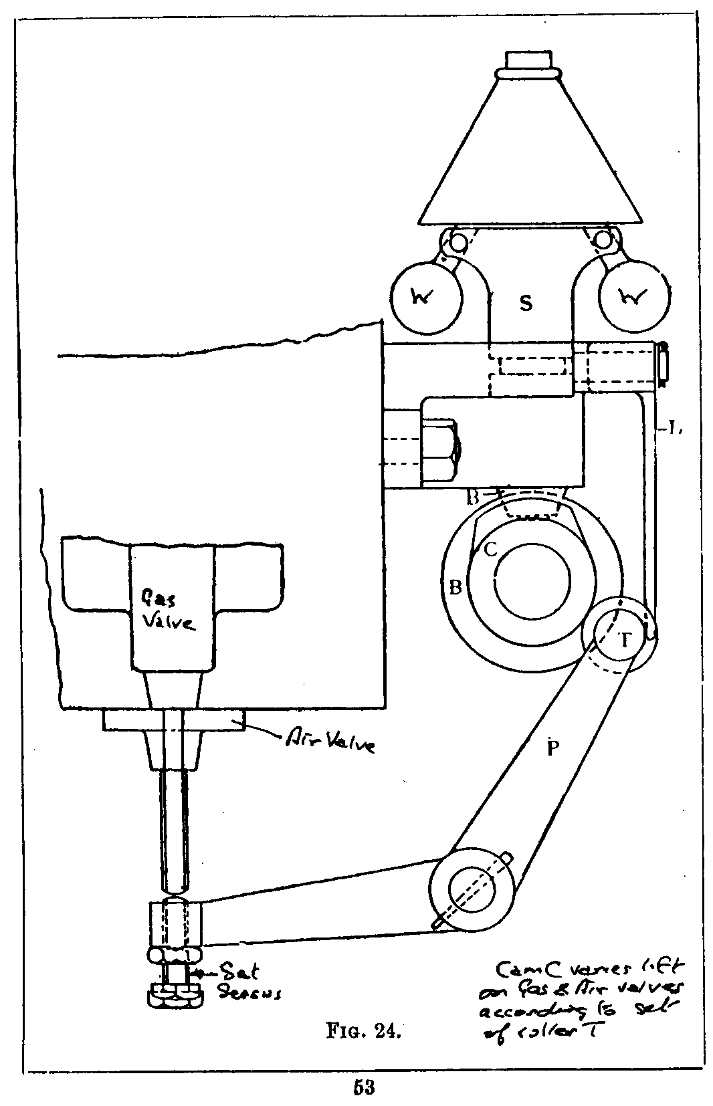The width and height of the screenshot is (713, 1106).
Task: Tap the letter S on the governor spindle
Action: coord(526,304)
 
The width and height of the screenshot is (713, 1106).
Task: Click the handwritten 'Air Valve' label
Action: coord(330,742)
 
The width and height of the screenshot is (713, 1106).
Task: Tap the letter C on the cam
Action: coord(490,550)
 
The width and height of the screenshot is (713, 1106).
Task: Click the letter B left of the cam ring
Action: coord(455,588)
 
